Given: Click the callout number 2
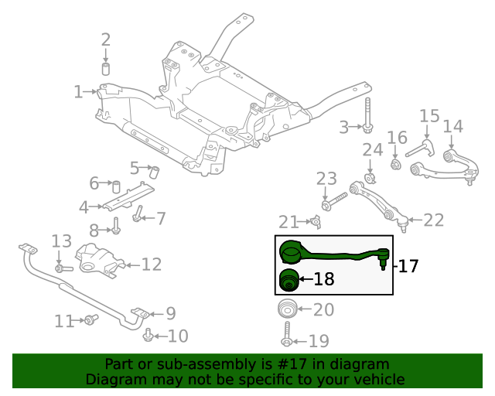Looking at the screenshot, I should tap(106, 40).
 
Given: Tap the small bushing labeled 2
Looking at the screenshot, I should tap(106, 70).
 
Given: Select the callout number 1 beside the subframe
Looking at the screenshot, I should tap(78, 93).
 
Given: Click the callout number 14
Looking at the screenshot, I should tap(452, 126).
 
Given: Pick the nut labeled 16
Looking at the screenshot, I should tap(396, 163).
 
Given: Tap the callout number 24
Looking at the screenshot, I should tap(373, 149).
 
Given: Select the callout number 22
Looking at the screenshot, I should tap(434, 220).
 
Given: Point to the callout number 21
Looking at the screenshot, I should tap(288, 223).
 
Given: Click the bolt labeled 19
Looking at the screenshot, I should tap(287, 337).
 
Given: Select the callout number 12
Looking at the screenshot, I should tap(152, 265).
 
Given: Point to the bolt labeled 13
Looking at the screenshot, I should tap(62, 268).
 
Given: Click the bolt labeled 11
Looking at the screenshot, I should tap(90, 319).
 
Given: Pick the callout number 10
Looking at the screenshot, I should tap(178, 336).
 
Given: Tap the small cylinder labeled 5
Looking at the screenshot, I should tap(153, 170).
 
